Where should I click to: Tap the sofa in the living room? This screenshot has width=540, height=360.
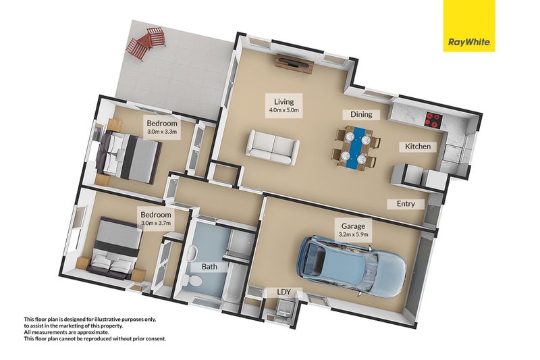273,147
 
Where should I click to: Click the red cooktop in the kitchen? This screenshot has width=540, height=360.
431,122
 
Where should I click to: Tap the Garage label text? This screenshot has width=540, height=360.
353,227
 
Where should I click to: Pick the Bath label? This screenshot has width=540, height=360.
210,267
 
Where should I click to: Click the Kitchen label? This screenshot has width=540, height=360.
417,147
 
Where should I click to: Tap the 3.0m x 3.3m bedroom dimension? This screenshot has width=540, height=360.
162,132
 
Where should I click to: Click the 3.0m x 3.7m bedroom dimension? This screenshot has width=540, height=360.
154,222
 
